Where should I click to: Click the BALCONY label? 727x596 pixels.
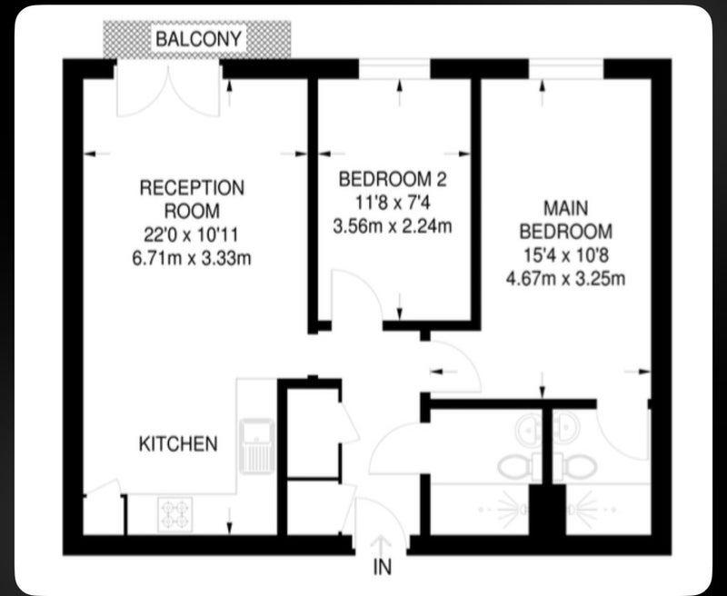(x=198, y=39)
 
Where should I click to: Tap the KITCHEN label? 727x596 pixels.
(x=178, y=444)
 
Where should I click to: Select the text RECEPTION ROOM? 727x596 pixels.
(x=192, y=199)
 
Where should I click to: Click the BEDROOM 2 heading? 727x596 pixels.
(x=393, y=179)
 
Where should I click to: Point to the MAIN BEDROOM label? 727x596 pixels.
(x=565, y=220)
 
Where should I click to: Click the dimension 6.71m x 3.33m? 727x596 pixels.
(x=192, y=258)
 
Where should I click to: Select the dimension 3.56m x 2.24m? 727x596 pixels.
(x=393, y=226)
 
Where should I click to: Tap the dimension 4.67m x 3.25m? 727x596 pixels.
(x=565, y=279)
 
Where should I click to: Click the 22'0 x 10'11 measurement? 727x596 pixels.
(x=191, y=235)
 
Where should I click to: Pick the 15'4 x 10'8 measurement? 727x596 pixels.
(x=565, y=255)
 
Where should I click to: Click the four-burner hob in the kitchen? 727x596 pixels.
(x=174, y=514)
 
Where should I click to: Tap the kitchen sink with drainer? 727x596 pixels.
(x=256, y=446)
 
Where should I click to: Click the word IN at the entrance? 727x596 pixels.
(x=383, y=567)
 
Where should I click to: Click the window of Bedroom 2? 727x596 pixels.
(x=394, y=68)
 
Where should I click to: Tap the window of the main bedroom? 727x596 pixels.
(x=566, y=68)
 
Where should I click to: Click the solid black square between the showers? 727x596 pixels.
(x=548, y=511)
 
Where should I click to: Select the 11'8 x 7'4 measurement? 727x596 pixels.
(x=393, y=203)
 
